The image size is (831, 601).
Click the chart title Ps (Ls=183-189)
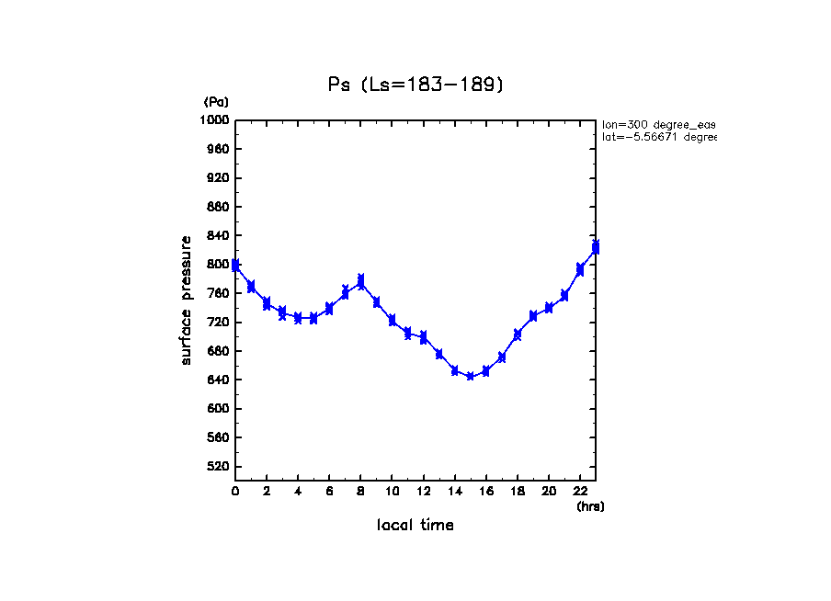coord(415,85)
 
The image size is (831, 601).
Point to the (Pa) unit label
coord(216,102)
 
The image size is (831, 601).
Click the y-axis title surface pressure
coord(187,300)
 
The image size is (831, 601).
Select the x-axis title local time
coord(415,525)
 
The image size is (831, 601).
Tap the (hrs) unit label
coord(590,505)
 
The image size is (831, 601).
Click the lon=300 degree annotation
coord(658,124)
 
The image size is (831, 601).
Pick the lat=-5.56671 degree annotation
coord(658,137)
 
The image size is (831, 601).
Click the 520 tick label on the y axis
coord(218,466)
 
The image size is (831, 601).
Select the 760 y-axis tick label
coord(218,293)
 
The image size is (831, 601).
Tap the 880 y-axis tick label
coord(218,207)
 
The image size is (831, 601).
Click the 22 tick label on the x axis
coord(580,492)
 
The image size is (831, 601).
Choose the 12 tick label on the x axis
coord(424,492)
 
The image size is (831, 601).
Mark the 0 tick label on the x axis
coord(235,492)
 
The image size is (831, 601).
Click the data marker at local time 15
coord(471,376)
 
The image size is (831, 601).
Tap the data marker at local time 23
coord(596,246)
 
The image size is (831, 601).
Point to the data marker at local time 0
coord(236,266)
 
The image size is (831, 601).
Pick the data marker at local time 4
coord(298,318)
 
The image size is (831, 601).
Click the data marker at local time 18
coord(518,335)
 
